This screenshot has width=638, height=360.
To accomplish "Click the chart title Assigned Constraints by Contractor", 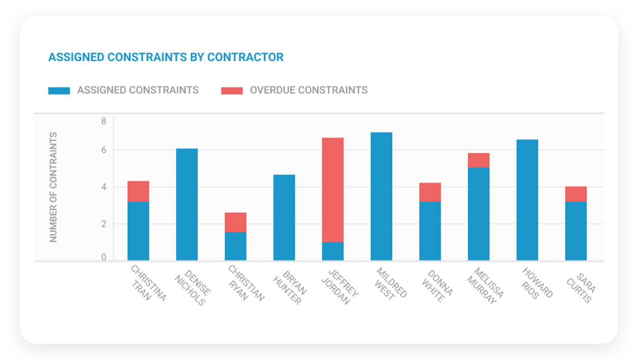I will (x=166, y=57).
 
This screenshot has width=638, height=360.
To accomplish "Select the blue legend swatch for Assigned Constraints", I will (x=59, y=91).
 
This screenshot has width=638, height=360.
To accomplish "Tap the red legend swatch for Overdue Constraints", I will (x=231, y=91).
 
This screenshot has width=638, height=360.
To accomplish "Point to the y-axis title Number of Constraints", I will (x=54, y=187).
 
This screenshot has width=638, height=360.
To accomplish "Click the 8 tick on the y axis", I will (x=103, y=121).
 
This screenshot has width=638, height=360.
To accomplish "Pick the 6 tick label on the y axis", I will (x=103, y=150).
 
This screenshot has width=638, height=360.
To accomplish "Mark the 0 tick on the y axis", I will (x=103, y=258).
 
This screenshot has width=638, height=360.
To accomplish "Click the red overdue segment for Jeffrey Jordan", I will (x=333, y=190).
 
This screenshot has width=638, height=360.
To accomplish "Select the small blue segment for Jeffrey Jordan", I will (x=333, y=251).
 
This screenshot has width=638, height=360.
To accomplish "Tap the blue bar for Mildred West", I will (x=381, y=196).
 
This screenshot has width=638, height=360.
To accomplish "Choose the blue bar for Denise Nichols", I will (x=187, y=204).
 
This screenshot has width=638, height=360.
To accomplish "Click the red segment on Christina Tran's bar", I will (x=138, y=191).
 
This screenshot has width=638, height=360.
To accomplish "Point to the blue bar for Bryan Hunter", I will (x=284, y=218).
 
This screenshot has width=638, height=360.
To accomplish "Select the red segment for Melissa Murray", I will (x=478, y=160).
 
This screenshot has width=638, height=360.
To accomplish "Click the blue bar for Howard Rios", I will (x=527, y=200).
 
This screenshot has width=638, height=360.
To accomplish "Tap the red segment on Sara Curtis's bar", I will (x=576, y=194).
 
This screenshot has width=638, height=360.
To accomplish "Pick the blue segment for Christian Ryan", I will (x=235, y=246).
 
